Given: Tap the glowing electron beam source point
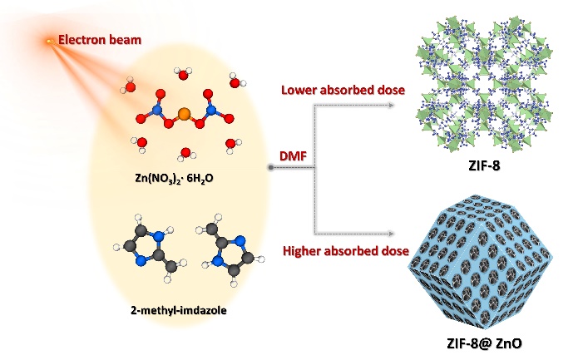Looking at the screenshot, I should tap(49, 39).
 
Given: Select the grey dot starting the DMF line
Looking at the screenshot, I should tap(271, 168).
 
